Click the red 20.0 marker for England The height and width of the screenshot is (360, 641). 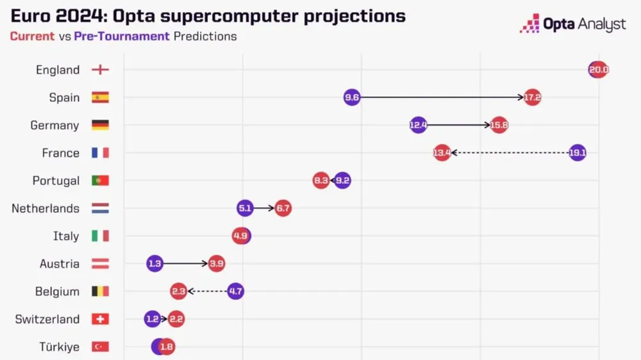pos(598,70)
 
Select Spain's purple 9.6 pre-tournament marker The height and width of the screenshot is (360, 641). pos(352,97)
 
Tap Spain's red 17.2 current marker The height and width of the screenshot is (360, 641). pos(533,97)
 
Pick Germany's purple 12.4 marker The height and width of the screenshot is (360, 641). pos(418,125)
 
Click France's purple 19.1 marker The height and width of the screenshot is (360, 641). pos(578,152)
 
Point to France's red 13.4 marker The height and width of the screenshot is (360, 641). pos(442,152)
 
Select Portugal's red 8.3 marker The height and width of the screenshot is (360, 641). pos(321,181)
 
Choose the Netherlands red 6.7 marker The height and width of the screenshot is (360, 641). pos(283,208)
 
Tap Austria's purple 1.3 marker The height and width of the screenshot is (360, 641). pos(154,263)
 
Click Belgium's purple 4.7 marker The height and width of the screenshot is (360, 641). pos(235,291)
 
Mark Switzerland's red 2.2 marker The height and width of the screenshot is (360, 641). pos(176,319)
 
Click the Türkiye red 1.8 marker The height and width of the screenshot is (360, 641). pos(167,347)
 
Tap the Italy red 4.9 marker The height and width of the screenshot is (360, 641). pos(240,236)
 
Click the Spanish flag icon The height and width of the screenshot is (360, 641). pos(100,97)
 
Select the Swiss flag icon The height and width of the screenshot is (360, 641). pos(100,319)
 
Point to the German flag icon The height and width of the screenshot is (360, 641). pos(100,125)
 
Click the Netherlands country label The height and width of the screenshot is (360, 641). pos(46,208)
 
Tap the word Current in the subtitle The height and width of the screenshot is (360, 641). pos(32,36)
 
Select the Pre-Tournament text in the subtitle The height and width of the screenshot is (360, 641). pos(122,36)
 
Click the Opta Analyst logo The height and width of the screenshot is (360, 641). pos(572,24)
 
